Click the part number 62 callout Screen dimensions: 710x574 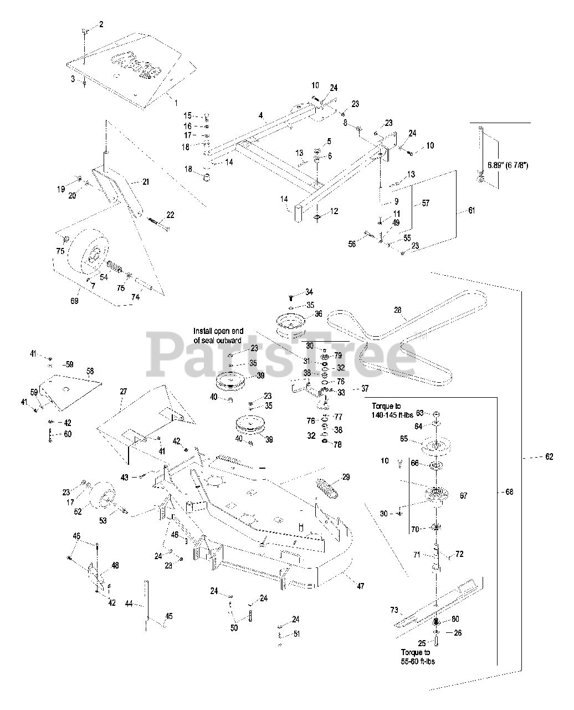click(549, 457)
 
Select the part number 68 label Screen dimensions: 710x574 click(510, 492)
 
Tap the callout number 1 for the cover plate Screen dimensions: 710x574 click(176, 103)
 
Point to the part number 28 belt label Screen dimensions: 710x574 click(397, 310)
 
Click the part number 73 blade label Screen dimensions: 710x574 click(394, 610)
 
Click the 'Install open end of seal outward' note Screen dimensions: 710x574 click(218, 336)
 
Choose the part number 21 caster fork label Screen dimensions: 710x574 click(145, 181)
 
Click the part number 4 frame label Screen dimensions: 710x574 click(260, 116)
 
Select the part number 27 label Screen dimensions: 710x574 click(123, 391)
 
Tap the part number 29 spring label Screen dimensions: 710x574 click(346, 477)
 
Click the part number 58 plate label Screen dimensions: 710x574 click(90, 369)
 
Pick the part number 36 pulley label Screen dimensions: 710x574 click(318, 313)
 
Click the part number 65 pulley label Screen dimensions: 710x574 click(419, 439)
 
